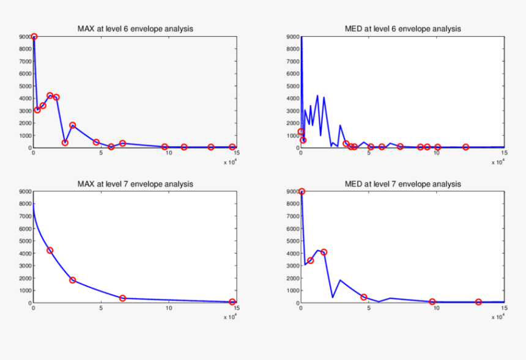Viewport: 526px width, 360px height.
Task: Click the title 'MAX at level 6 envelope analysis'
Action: click(135, 29)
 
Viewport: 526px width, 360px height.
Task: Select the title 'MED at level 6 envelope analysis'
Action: click(402, 29)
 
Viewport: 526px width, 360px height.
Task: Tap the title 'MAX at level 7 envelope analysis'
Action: click(135, 184)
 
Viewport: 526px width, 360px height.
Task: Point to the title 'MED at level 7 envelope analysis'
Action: click(402, 184)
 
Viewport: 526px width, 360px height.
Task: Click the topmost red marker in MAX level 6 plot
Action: click(34, 37)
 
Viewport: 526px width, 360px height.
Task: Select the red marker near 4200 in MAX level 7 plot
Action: click(50, 251)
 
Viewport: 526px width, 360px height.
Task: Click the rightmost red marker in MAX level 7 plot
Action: click(232, 302)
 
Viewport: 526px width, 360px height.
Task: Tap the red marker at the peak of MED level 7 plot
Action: click(302, 192)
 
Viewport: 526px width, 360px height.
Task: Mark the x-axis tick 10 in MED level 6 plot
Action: click(437, 153)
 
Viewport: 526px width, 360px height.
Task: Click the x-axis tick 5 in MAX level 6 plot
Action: click(102, 153)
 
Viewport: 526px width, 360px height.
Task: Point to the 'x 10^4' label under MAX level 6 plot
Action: click(229, 162)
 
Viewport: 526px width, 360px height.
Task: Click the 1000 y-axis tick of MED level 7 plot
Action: click(292, 290)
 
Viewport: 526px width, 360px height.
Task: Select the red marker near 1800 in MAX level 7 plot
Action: click(73, 280)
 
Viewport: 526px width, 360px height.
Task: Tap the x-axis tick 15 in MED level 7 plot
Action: click(504, 309)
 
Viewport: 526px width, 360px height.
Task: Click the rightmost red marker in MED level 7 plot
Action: click(478, 302)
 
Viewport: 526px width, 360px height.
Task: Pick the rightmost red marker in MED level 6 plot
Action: click(465, 147)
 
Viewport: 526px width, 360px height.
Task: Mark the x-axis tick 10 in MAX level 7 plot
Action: click(169, 309)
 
